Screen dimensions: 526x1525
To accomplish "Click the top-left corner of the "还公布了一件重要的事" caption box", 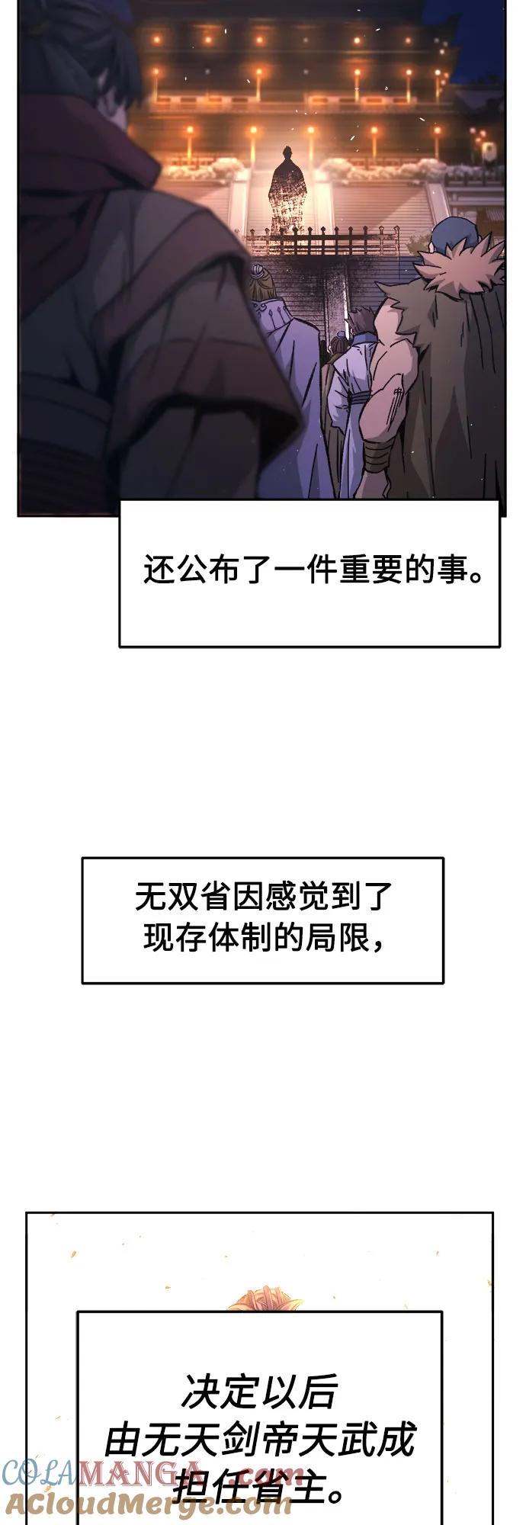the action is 120,500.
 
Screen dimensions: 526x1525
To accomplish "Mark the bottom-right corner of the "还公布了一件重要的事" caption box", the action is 500,647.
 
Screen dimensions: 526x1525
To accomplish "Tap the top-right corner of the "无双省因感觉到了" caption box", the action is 443,858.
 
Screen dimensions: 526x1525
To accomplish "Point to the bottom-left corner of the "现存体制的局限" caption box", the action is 82,982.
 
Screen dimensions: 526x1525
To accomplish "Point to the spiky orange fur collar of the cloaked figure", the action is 456,267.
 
